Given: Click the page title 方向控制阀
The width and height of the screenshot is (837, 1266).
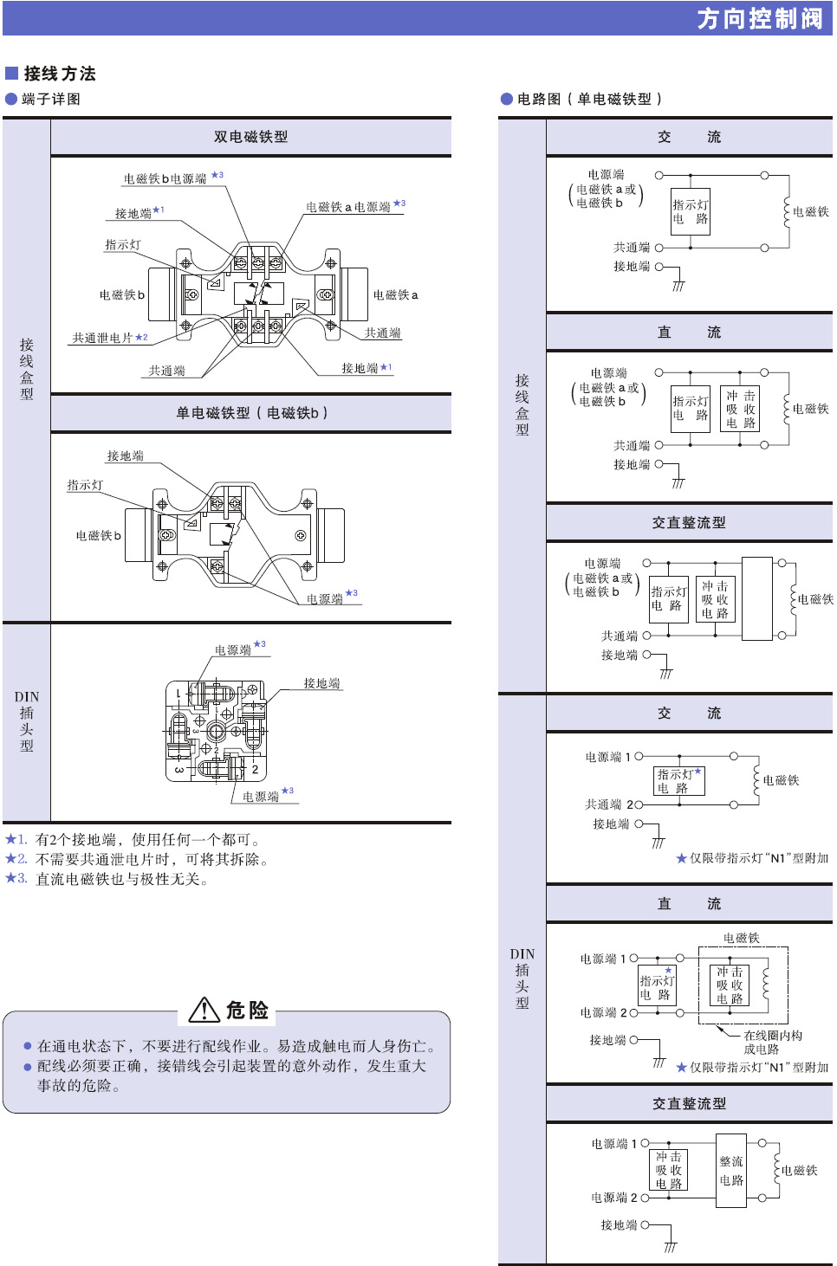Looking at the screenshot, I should (x=759, y=18).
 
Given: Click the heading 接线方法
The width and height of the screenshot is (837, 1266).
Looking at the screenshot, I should (x=59, y=74).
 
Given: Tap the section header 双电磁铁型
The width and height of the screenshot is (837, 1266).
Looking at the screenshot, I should (x=250, y=137).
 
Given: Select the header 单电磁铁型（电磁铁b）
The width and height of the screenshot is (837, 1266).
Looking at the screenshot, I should (x=251, y=413).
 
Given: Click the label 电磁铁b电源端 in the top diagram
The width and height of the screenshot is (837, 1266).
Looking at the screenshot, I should (x=165, y=179).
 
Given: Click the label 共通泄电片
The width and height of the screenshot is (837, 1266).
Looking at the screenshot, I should (x=102, y=338).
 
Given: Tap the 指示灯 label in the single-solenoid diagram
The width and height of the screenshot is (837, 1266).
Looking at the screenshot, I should (x=85, y=485).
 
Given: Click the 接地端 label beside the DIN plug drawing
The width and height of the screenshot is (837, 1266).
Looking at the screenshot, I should (x=321, y=683).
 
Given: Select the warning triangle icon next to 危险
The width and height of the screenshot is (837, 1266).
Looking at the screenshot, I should (x=204, y=1010).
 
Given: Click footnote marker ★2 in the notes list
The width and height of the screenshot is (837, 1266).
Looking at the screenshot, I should (x=16, y=859).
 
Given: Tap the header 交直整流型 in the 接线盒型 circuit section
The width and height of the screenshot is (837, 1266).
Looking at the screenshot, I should (x=689, y=523).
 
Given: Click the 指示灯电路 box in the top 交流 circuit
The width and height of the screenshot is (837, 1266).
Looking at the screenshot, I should (x=691, y=212).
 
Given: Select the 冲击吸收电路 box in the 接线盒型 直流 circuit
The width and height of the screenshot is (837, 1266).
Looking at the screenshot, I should (x=740, y=409).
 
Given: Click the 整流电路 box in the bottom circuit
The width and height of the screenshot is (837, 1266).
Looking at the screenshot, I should (x=731, y=1171).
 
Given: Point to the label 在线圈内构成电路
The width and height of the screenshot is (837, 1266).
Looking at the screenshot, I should (x=772, y=1042).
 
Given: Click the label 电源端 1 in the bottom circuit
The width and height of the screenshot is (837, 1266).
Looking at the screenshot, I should (x=613, y=1144).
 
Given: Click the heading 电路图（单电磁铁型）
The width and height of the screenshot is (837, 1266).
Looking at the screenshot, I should (x=588, y=99).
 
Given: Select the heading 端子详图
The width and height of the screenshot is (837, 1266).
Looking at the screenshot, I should (x=50, y=99).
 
